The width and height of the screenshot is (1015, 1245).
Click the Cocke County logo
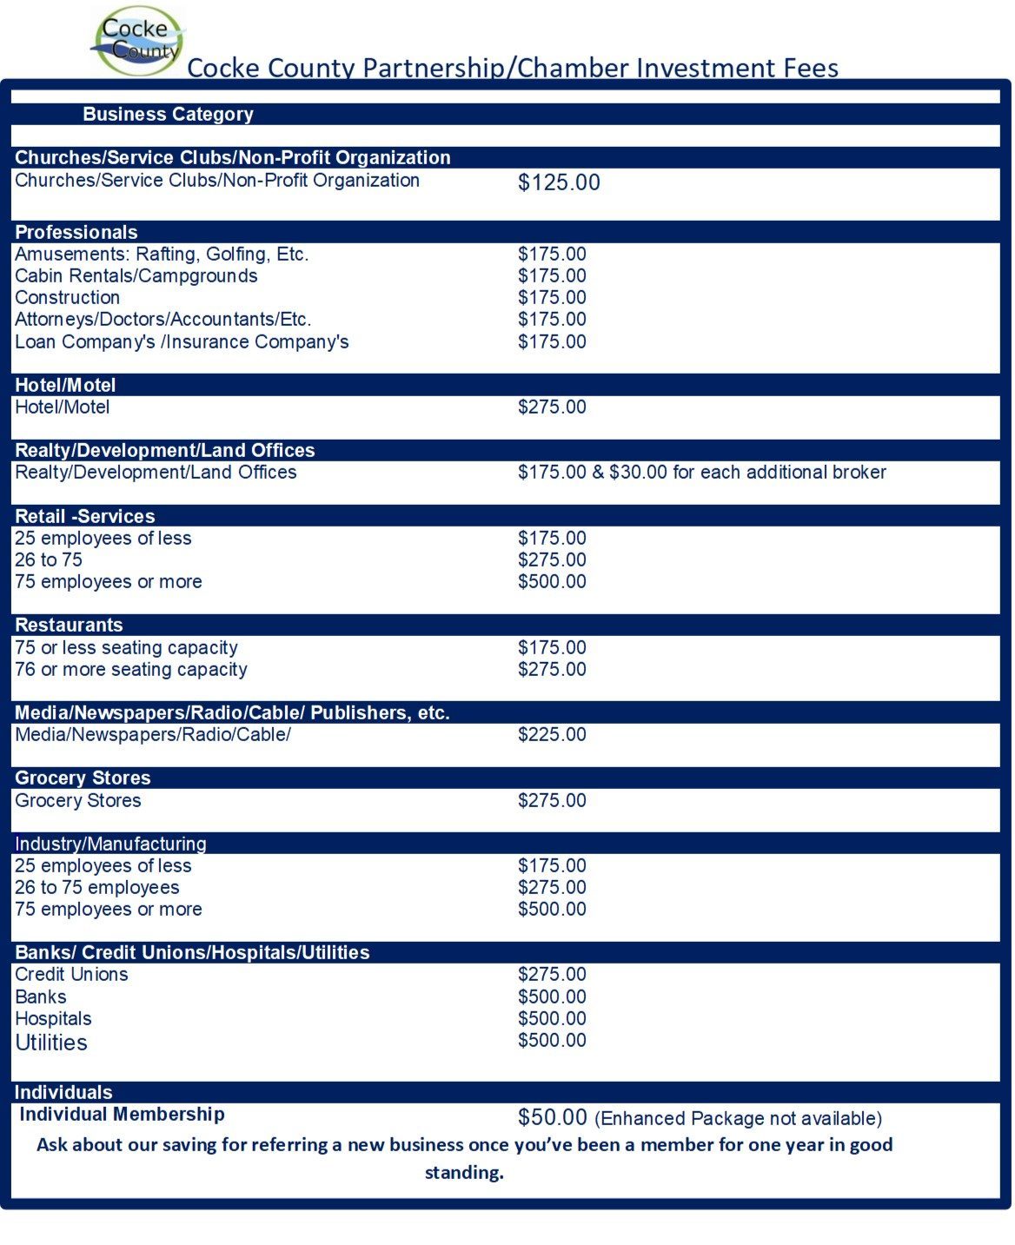(139, 41)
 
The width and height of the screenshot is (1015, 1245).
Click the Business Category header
(168, 114)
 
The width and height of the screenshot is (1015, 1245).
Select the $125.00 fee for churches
(559, 182)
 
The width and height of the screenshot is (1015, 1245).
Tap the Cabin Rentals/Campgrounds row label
(136, 276)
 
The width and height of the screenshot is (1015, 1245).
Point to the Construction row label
(67, 298)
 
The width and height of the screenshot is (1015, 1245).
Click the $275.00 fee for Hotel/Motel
(552, 407)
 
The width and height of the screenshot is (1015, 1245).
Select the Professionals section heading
(76, 232)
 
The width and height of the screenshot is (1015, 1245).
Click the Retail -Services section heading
(85, 516)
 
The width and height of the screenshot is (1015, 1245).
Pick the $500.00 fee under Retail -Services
(552, 582)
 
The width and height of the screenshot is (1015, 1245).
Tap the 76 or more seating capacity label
(131, 670)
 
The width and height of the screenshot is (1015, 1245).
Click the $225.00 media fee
(552, 735)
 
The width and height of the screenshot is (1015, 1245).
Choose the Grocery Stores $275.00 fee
(552, 801)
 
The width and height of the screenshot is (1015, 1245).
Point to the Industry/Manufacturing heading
(110, 844)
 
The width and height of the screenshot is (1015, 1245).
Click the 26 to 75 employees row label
(97, 888)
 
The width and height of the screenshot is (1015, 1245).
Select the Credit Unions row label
(71, 975)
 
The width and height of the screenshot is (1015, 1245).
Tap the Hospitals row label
(53, 1019)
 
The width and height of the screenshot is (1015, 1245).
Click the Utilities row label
(51, 1043)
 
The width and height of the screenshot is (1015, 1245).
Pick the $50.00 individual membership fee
(553, 1117)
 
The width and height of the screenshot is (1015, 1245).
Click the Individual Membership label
(122, 1115)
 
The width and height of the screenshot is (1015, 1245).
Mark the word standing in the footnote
(464, 1173)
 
